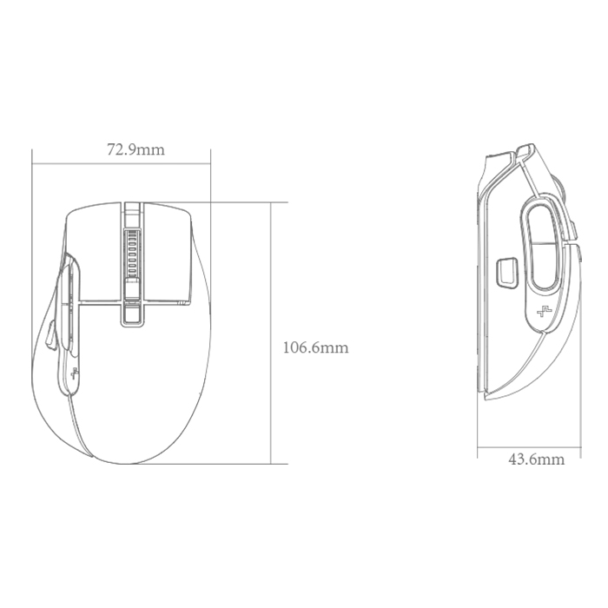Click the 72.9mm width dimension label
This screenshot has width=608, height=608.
(x=135, y=149)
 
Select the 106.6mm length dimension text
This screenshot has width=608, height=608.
(x=315, y=347)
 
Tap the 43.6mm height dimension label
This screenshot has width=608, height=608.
(x=536, y=459)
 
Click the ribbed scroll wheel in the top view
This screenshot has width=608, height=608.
(x=132, y=251)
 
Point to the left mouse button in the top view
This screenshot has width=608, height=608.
(x=95, y=252)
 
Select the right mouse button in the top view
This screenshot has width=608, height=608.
(x=167, y=252)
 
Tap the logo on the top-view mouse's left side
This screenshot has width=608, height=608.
(x=75, y=373)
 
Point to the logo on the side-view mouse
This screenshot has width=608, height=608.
(x=544, y=311)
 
